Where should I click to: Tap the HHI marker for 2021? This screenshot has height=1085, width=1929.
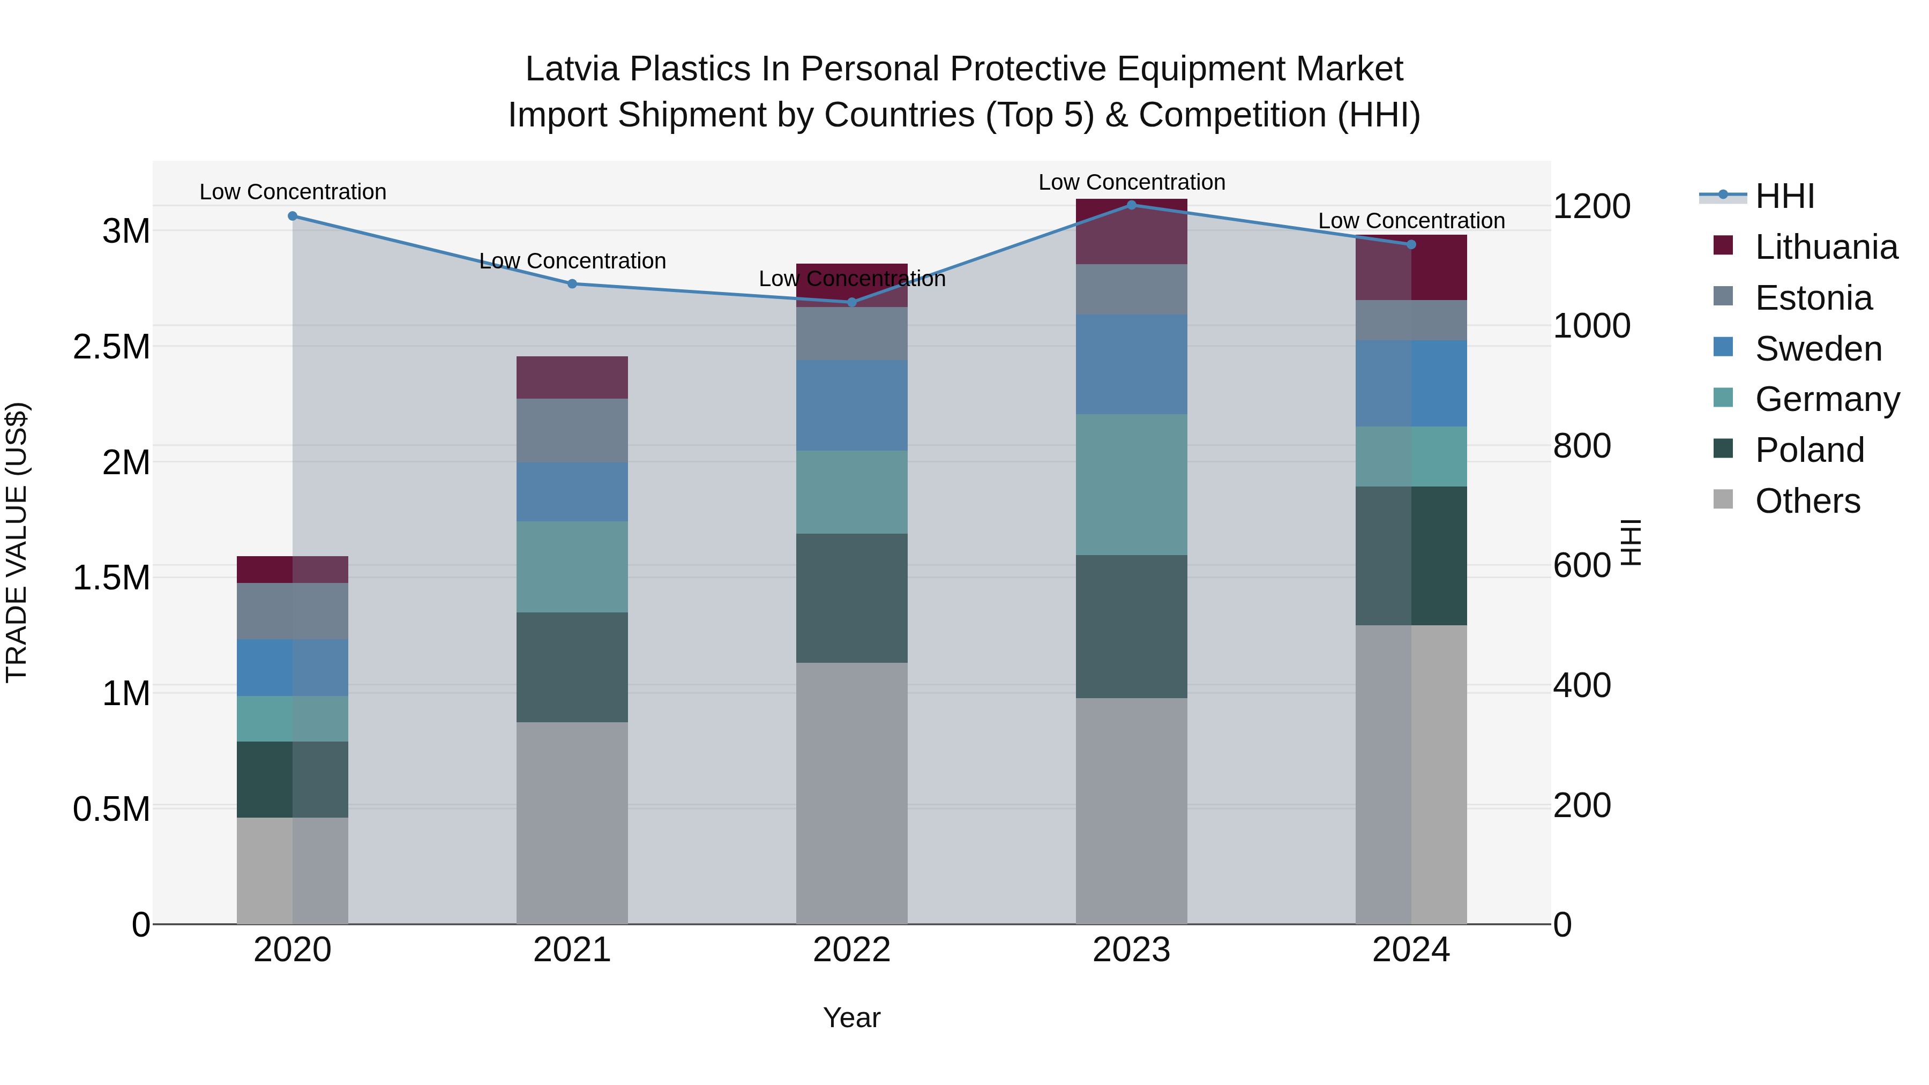click(x=572, y=284)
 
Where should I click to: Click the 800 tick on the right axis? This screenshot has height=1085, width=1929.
click(x=1582, y=446)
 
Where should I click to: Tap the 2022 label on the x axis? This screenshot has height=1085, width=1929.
click(x=851, y=950)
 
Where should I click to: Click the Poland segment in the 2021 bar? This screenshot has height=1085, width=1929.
click(x=572, y=667)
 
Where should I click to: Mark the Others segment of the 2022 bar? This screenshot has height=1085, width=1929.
click(x=851, y=793)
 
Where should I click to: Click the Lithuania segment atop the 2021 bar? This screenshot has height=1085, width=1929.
click(x=572, y=377)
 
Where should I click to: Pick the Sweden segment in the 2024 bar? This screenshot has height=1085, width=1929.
click(x=1411, y=384)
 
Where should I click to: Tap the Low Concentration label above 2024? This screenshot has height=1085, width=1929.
click(x=1411, y=221)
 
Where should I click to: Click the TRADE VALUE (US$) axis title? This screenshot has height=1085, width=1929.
click(x=17, y=542)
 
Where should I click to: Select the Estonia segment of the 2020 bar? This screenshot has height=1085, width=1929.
click(x=292, y=611)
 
